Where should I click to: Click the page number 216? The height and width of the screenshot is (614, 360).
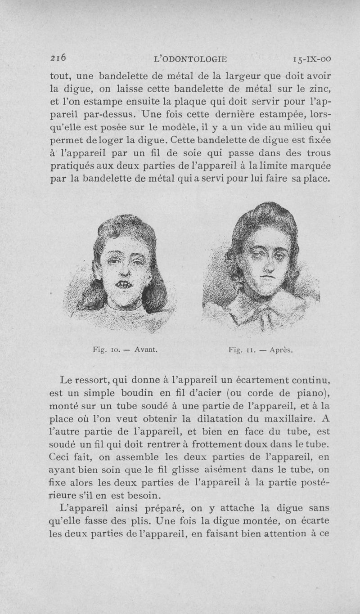point(58,57)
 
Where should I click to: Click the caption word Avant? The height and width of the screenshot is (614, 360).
point(143,349)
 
